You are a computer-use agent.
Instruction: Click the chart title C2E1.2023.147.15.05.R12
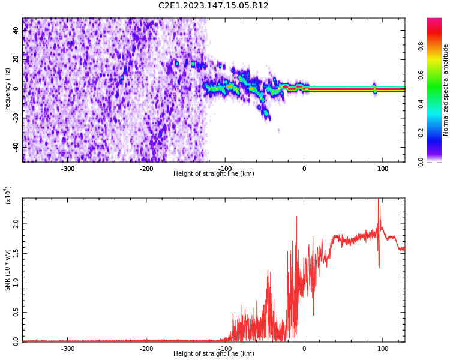pyautogui.click(x=214, y=6)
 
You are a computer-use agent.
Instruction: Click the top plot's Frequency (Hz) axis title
pyautogui.click(x=8, y=90)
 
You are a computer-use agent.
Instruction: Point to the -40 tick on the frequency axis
pyautogui.click(x=16, y=147)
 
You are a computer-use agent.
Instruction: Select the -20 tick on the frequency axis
pyautogui.click(x=16, y=118)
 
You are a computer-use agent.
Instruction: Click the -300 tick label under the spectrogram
pyautogui.click(x=68, y=168)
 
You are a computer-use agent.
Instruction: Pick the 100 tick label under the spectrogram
pyautogui.click(x=383, y=168)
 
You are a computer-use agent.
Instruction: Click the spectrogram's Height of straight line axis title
pyautogui.click(x=214, y=174)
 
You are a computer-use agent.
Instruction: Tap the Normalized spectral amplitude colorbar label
pyautogui.click(x=446, y=90)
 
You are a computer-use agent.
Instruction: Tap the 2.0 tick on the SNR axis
pyautogui.click(x=16, y=223)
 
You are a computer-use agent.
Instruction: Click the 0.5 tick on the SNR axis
pyautogui.click(x=16, y=312)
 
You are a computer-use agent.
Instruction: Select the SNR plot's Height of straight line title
pyautogui.click(x=214, y=354)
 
